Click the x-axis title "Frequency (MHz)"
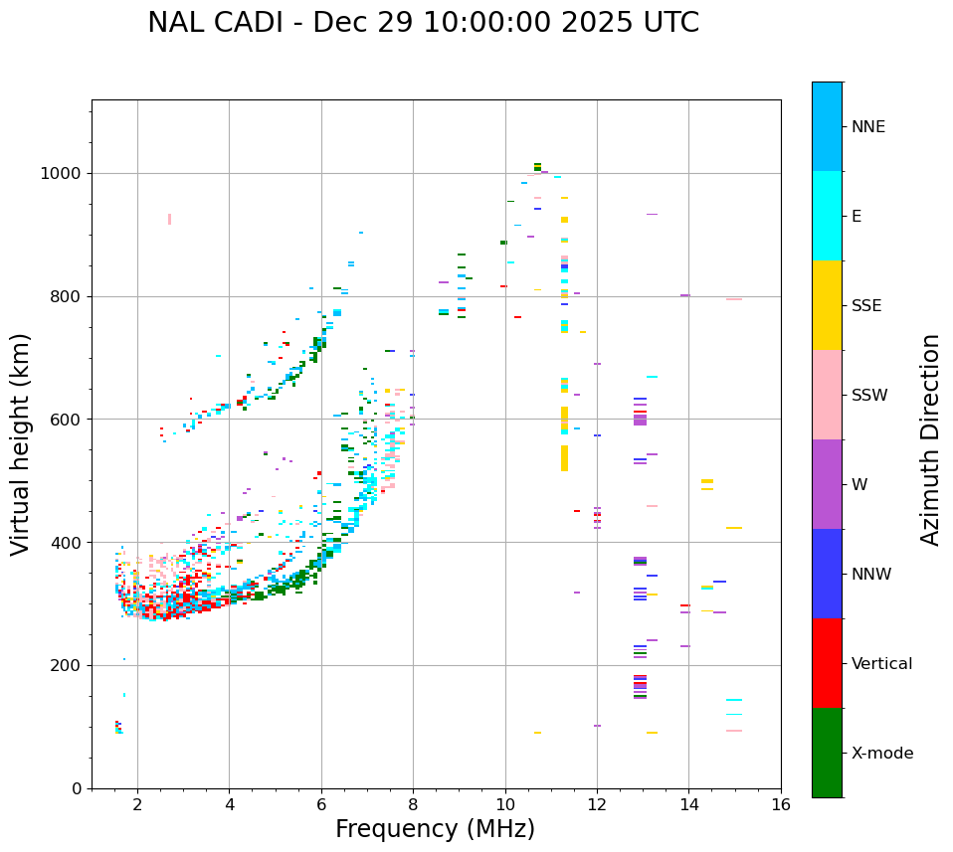coord(435,829)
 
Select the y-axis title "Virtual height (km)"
coord(21,444)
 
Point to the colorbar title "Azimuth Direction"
coord(930,439)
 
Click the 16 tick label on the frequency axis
coord(781,804)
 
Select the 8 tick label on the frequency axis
coord(413,804)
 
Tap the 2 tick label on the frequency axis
coord(137,804)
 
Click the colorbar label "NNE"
coord(867,127)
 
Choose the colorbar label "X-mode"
coord(881,754)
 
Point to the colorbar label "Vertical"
coord(881,664)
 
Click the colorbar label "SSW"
coord(869,396)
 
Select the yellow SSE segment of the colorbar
coord(827,305)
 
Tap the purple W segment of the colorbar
coord(827,484)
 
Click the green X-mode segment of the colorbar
coord(827,753)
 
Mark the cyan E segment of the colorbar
coord(827,216)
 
